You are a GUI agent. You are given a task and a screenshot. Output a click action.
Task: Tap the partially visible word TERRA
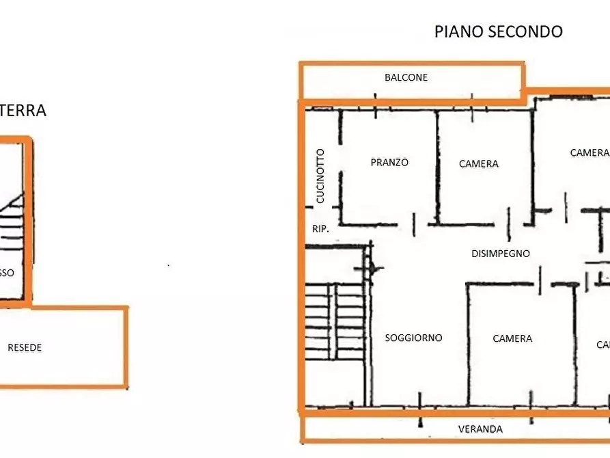(x=23, y=110)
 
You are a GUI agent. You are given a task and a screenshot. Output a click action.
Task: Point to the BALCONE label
(x=406, y=77)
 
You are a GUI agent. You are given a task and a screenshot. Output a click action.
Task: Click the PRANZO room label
(x=389, y=162)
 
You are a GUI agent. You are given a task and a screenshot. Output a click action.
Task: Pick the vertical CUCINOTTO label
(x=320, y=176)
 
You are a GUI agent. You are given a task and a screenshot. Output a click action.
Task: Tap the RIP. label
(x=320, y=229)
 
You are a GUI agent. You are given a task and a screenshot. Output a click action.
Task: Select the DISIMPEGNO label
(x=501, y=253)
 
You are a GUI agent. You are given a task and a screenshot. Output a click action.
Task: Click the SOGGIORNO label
(x=413, y=338)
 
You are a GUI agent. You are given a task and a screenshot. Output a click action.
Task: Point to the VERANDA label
(x=480, y=429)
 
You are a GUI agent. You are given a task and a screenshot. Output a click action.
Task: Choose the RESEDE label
(x=25, y=347)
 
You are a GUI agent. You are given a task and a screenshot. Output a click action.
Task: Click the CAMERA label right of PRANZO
(x=478, y=163)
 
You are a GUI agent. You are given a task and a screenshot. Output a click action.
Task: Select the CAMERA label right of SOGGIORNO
(x=512, y=338)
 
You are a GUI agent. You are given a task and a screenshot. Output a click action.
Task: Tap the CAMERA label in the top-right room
(x=589, y=152)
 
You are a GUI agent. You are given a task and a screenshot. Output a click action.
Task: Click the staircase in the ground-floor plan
(x=12, y=222)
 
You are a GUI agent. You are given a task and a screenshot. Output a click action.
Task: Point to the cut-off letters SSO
(x=7, y=273)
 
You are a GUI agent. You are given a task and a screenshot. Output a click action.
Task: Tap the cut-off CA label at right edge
(x=602, y=345)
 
